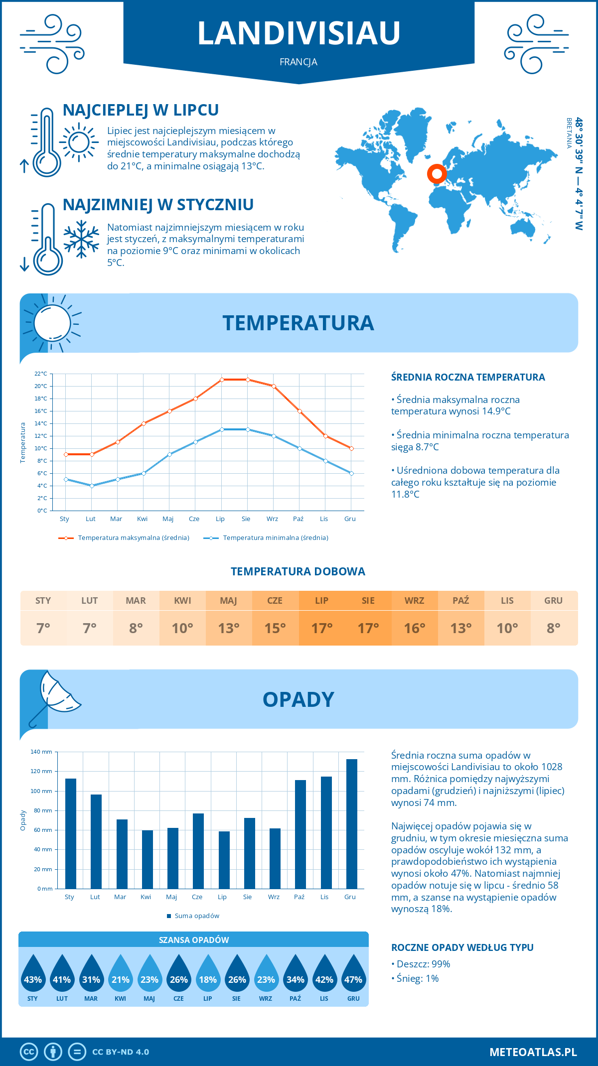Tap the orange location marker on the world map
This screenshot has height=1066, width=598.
click(x=437, y=174)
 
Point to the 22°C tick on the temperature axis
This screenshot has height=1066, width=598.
click(x=41, y=374)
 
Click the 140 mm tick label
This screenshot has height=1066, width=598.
click(x=41, y=752)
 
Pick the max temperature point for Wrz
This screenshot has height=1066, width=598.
click(x=274, y=386)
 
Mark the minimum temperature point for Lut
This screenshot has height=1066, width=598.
click(x=92, y=486)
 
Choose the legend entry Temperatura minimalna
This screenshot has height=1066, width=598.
click(x=275, y=538)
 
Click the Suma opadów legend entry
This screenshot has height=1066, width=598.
click(x=197, y=916)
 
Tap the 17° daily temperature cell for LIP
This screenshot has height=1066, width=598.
click(x=322, y=628)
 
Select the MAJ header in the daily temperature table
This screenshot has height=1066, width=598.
click(x=229, y=600)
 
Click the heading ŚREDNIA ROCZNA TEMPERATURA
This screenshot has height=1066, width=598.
click(x=468, y=377)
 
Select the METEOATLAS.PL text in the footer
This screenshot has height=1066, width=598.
click(x=533, y=1052)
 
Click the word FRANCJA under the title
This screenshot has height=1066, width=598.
click(x=299, y=62)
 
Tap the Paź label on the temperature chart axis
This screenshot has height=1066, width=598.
click(x=298, y=519)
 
